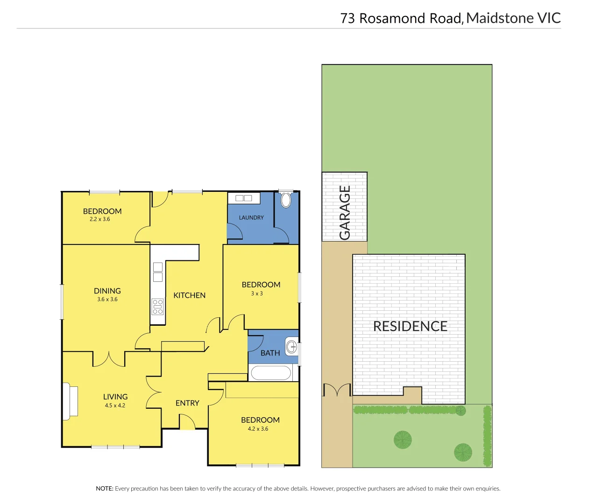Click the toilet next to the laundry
[286, 200]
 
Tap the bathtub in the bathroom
[271, 373]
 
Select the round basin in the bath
[292, 347]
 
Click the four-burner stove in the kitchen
[158, 306]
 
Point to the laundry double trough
[244, 198]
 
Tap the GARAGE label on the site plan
[345, 212]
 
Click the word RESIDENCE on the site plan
[410, 326]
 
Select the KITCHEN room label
[189, 295]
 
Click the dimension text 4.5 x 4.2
[115, 406]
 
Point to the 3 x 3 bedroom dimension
[257, 294]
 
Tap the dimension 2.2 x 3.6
[100, 219]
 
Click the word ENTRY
[187, 403]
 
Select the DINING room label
[107, 291]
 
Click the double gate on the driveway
[337, 390]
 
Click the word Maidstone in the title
[500, 18]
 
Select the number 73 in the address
[347, 19]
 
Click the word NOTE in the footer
[104, 489]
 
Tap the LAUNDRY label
[251, 218]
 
